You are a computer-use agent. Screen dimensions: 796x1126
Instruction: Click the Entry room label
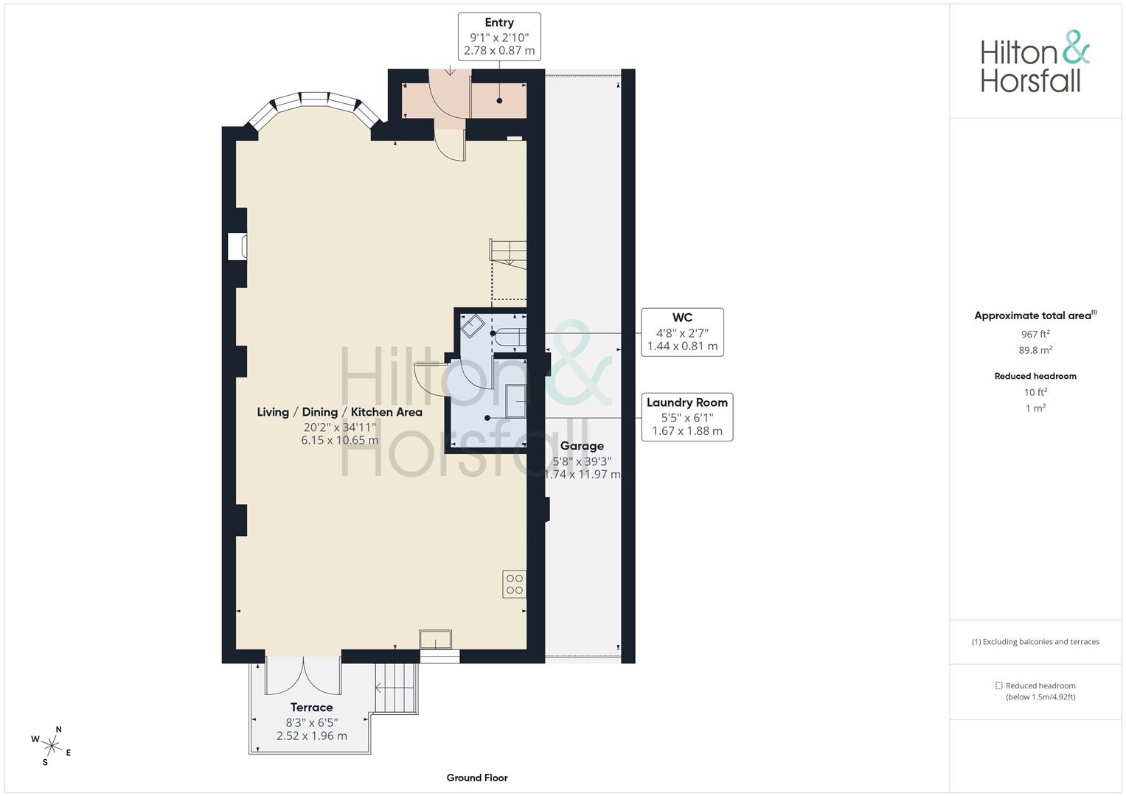click(499, 23)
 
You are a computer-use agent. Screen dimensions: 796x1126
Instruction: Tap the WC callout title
click(682, 318)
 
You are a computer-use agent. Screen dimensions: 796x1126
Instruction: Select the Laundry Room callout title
click(687, 402)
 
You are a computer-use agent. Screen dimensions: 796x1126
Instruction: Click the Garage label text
click(582, 446)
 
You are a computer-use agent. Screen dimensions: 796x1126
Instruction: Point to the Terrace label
click(311, 708)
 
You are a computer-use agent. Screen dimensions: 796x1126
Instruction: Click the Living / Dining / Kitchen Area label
click(339, 412)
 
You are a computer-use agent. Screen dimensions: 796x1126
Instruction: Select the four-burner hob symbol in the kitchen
click(514, 584)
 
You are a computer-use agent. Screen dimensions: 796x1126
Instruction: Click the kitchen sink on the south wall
click(435, 640)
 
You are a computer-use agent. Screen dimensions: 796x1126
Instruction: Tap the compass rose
click(52, 745)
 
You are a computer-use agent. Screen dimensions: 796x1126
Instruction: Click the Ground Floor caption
click(477, 778)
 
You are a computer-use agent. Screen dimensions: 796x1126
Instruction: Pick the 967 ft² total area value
click(1035, 335)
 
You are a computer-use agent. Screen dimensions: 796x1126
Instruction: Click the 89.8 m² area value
click(1035, 351)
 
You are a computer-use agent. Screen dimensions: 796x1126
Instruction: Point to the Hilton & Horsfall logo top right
click(1035, 62)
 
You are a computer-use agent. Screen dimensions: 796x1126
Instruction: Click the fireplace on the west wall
click(237, 247)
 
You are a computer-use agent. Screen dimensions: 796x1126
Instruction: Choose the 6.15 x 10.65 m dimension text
click(339, 441)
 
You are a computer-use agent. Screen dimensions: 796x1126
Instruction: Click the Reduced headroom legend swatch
click(998, 685)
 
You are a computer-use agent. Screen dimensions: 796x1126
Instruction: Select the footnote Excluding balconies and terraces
click(1035, 642)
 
